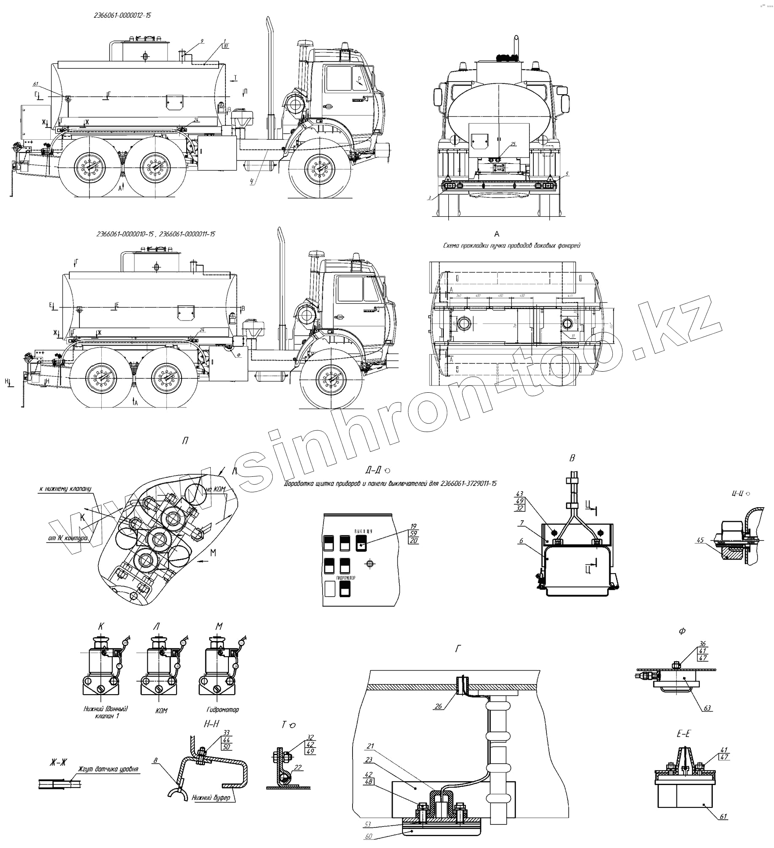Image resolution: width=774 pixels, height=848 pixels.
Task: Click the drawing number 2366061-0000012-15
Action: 122,16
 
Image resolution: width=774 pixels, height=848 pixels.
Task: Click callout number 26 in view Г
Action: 438,706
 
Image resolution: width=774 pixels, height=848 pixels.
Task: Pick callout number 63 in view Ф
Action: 707,708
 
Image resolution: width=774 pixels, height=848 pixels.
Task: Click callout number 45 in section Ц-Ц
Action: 701,540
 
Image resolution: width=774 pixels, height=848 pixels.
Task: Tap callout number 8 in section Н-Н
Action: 155,761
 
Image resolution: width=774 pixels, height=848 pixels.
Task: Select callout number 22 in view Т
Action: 298,767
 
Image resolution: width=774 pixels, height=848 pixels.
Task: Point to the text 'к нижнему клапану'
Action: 65,489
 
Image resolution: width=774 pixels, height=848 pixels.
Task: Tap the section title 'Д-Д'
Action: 374,470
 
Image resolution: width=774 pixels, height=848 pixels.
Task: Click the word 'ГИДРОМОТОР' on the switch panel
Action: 346,577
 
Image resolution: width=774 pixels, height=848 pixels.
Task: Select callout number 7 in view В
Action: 522,523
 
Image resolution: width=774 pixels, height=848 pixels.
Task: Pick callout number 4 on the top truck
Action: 252,182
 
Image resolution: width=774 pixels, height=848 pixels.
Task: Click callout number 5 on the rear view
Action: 567,174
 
